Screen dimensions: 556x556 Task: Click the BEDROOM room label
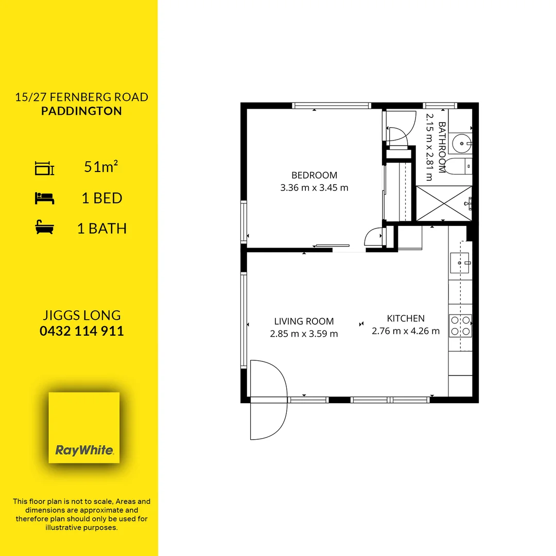tap(314, 175)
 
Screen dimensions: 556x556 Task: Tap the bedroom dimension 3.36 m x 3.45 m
tap(314, 188)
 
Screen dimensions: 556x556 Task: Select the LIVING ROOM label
tap(304, 321)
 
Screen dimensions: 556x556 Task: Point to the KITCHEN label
tap(406, 318)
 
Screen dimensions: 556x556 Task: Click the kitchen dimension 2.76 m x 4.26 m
tap(406, 331)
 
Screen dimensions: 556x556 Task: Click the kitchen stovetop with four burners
tap(460, 325)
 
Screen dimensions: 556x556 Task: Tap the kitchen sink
tap(460, 263)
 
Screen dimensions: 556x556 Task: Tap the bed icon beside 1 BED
tap(45, 198)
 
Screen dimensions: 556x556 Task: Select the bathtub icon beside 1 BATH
tap(45, 228)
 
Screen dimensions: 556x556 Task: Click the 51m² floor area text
tap(101, 167)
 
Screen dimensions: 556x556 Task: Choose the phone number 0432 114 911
tap(82, 331)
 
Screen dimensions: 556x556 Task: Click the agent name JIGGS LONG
tap(82, 315)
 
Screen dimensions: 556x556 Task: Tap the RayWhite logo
tap(84, 427)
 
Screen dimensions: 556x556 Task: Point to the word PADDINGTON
tap(82, 111)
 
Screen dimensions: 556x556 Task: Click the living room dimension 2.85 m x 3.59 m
tap(304, 334)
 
